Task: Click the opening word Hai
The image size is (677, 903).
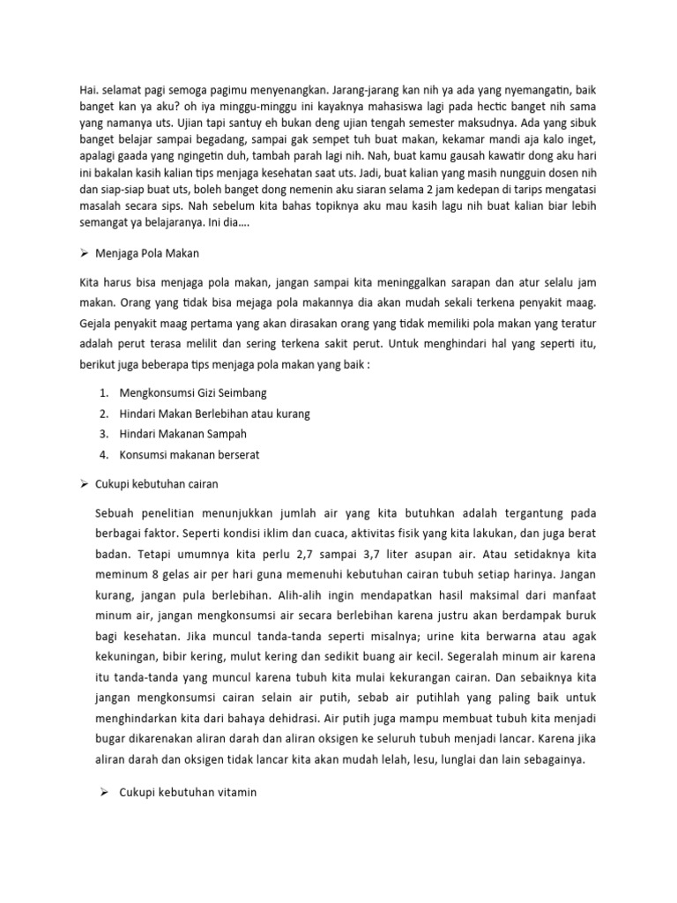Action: [x=88, y=90]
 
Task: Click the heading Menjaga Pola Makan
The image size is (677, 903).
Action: [x=151, y=254]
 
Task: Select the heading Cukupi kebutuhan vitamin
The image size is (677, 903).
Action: [x=188, y=793]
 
